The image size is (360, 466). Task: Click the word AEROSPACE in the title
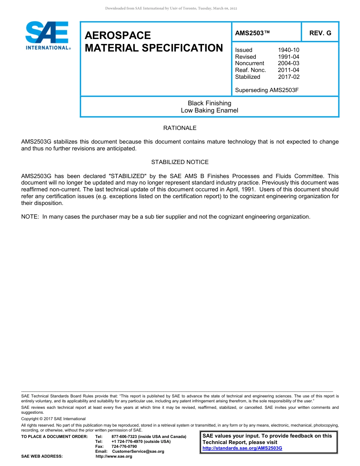point(118,35)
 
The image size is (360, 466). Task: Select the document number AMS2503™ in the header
point(252,33)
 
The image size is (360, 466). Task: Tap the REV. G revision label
point(320,33)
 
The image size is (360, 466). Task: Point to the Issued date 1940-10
point(288,50)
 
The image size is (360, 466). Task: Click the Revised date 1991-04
point(288,57)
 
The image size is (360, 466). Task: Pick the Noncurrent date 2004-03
point(288,63)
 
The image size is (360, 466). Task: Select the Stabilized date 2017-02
point(288,77)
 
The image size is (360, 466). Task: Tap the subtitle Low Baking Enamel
point(210,111)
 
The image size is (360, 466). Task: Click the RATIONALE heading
point(180,128)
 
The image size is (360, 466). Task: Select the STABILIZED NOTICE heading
point(180,162)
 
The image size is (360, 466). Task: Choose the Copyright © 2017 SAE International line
point(53,419)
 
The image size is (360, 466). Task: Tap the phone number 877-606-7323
point(125,437)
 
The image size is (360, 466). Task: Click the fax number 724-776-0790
point(124,447)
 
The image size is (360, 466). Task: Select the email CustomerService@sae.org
point(138,452)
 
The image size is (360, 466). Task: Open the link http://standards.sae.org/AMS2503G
point(243,448)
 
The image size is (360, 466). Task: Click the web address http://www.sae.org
point(114,457)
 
